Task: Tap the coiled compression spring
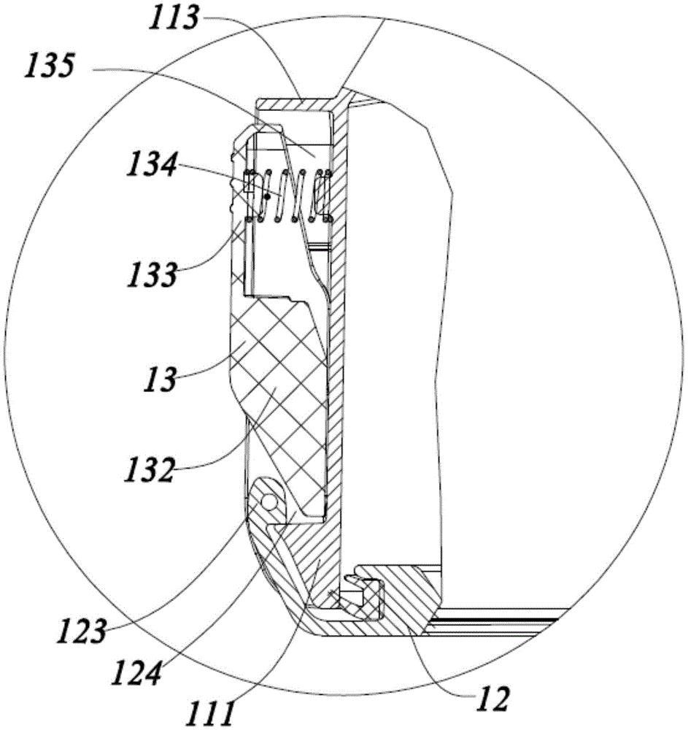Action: [x=288, y=196]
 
